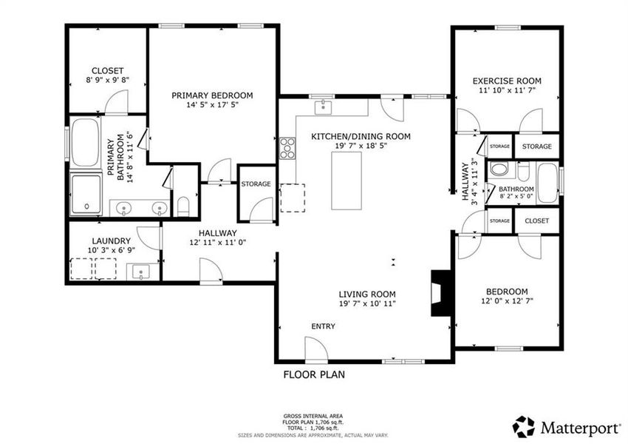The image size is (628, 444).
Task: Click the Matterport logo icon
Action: (524, 426)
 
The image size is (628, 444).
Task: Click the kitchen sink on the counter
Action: (324, 109)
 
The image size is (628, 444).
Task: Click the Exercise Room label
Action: (507, 81)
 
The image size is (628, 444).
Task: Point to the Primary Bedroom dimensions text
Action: (212, 105)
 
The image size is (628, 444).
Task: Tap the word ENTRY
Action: (323, 326)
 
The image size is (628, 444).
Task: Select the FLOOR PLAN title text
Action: (314, 374)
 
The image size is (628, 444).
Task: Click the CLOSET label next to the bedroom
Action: (536, 221)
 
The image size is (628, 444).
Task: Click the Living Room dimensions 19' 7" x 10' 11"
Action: (367, 303)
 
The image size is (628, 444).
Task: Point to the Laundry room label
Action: (112, 240)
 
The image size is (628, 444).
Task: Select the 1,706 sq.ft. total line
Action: (313, 428)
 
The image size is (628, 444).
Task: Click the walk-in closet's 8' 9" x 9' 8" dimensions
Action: (107, 81)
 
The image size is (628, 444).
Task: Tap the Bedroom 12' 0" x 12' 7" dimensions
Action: (508, 300)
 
